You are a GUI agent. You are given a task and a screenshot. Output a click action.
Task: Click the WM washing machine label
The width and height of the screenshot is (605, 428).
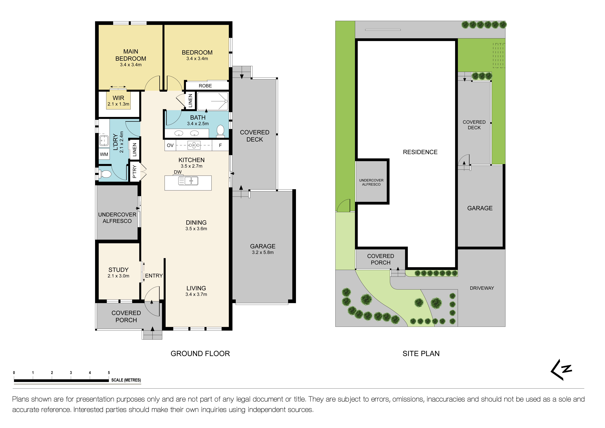pos(104,154)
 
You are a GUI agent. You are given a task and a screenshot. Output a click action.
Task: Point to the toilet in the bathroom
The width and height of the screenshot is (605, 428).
pos(220,130)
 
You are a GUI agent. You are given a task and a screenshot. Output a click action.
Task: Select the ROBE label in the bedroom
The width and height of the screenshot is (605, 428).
pos(205,86)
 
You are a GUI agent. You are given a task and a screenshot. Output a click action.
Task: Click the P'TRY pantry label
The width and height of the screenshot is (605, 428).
pos(134,172)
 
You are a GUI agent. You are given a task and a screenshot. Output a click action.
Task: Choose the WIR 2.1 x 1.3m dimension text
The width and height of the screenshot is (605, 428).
pos(118,104)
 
